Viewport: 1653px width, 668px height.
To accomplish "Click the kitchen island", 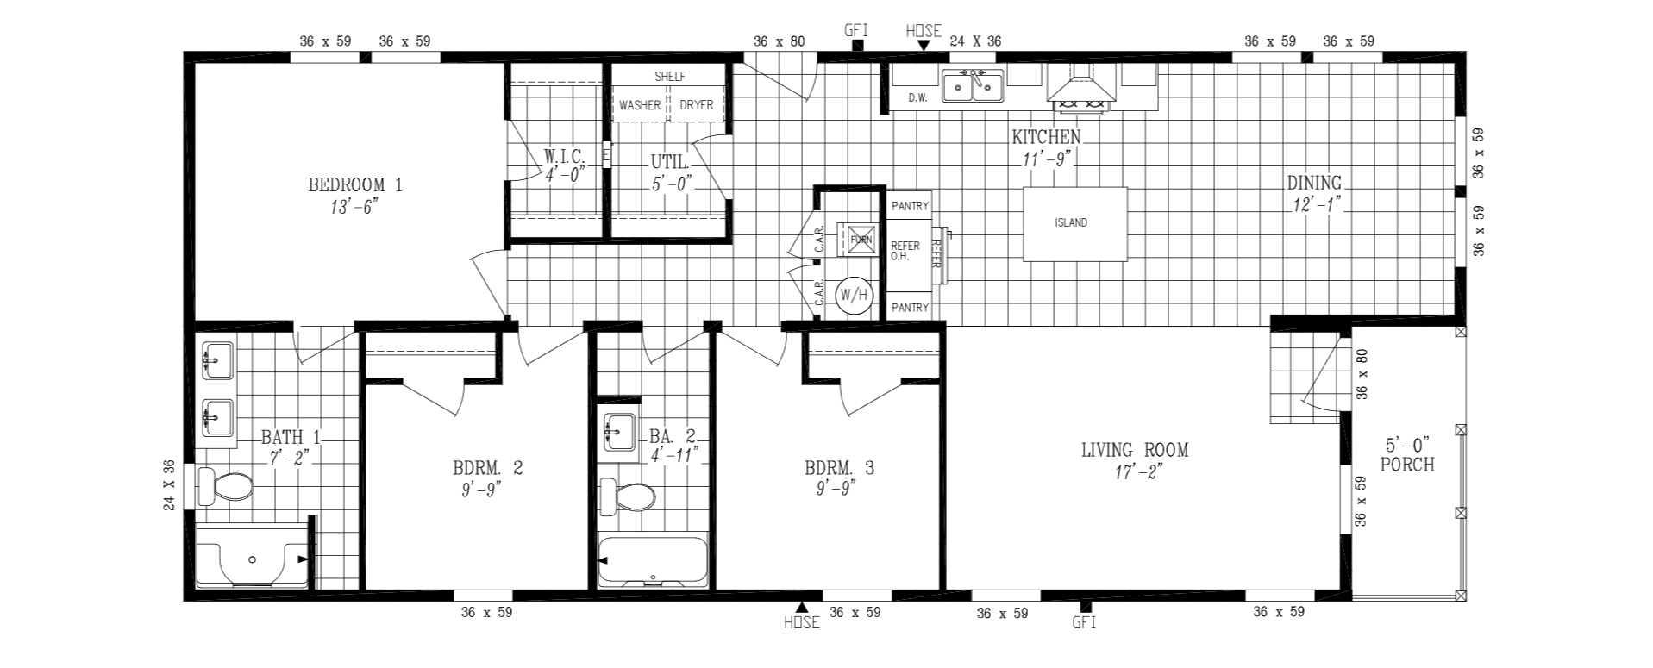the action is (1075, 223).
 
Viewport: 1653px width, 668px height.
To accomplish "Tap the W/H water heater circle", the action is (854, 296).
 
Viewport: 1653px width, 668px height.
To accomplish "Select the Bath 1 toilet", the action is (225, 486).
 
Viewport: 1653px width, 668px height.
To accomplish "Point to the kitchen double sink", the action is (972, 86).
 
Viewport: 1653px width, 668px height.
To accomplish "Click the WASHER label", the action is (640, 105).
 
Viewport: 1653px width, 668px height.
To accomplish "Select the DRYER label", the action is (697, 105).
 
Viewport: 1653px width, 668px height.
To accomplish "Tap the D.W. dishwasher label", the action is (917, 98).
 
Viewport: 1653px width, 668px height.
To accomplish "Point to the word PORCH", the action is (1407, 465).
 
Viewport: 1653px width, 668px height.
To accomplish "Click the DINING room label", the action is (1315, 183).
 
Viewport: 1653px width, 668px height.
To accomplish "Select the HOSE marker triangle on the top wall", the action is (924, 46).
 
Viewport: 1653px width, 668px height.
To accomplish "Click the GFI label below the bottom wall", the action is (1084, 622).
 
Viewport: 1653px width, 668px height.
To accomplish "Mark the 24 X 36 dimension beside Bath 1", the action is (169, 485).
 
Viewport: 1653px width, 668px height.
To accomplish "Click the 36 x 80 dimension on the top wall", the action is (779, 41).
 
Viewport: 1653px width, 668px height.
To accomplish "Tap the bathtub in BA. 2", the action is (653, 562).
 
